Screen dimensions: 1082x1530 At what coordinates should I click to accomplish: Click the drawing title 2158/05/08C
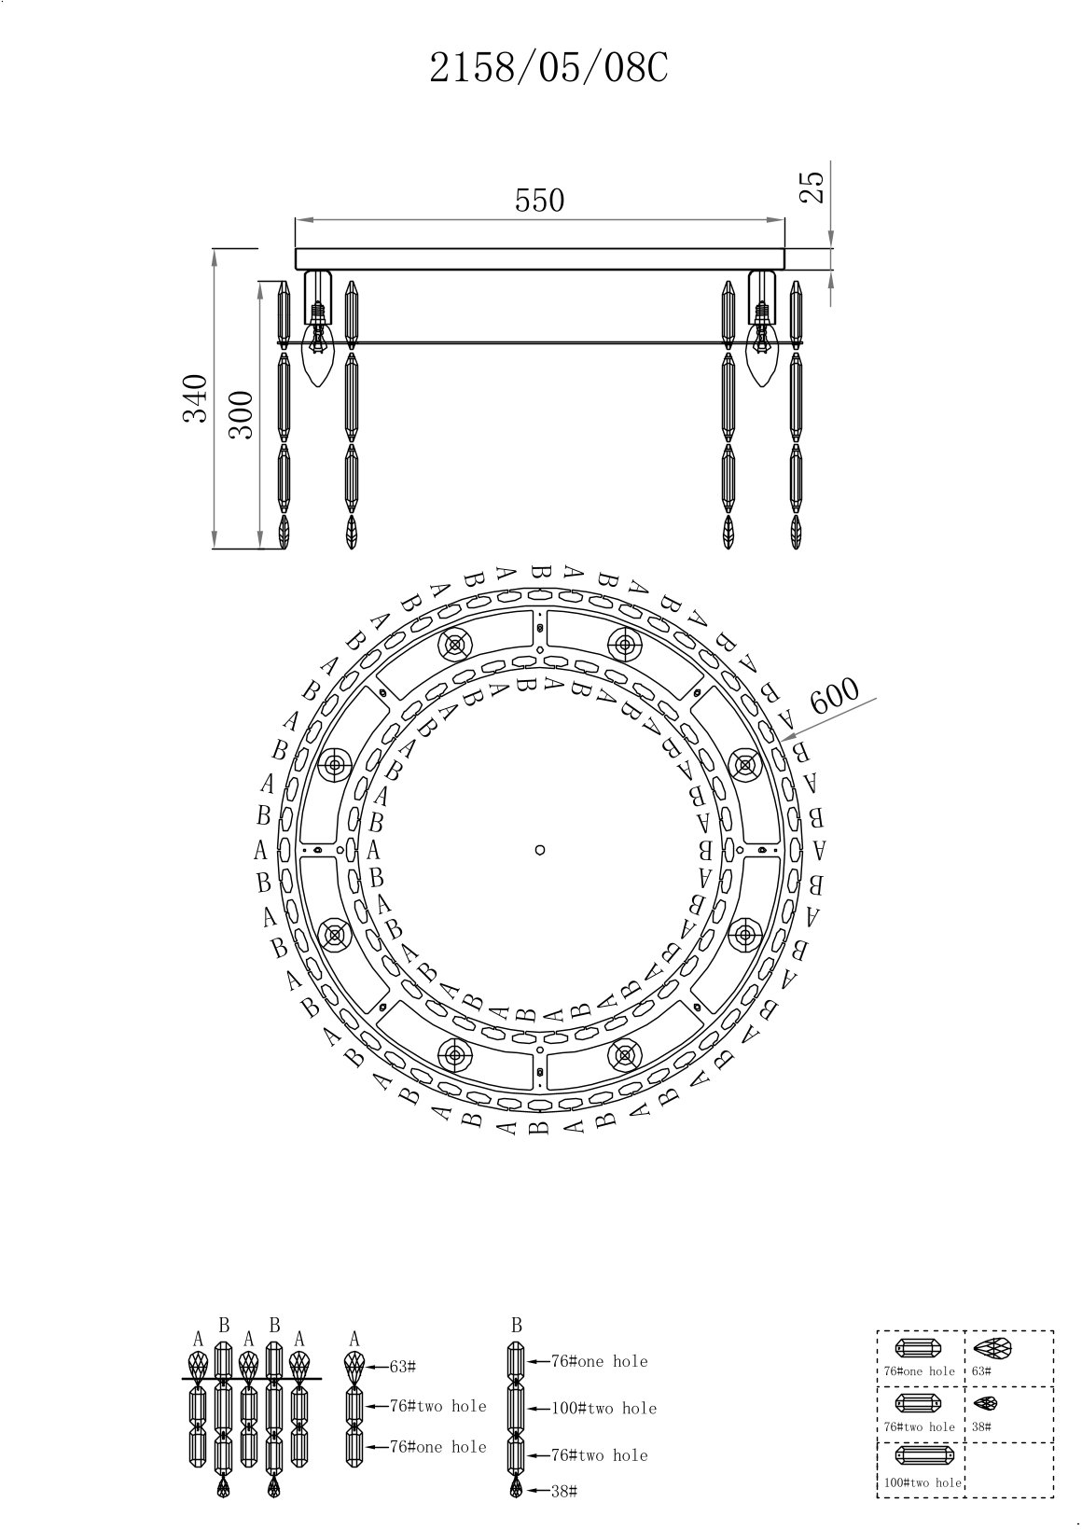(548, 68)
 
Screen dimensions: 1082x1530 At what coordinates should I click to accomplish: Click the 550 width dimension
(540, 201)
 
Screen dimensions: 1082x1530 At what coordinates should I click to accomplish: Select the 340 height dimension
(195, 398)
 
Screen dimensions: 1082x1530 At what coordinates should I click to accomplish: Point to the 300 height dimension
(241, 414)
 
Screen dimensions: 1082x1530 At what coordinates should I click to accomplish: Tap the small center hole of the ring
(540, 850)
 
